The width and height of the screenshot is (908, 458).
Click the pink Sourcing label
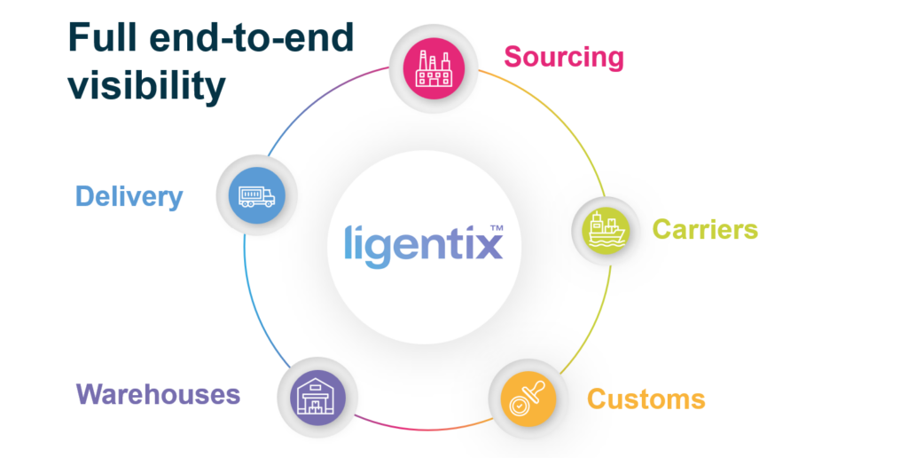[564, 58]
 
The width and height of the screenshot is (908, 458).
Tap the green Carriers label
[705, 230]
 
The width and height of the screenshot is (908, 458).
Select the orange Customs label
[646, 399]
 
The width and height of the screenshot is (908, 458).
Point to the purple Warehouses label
[158, 394]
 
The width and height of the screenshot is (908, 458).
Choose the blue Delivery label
[129, 196]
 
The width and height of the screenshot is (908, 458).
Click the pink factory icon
[434, 67]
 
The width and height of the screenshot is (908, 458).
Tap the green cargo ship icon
[605, 230]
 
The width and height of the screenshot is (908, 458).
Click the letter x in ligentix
[485, 244]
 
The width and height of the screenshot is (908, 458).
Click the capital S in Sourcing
[513, 58]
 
